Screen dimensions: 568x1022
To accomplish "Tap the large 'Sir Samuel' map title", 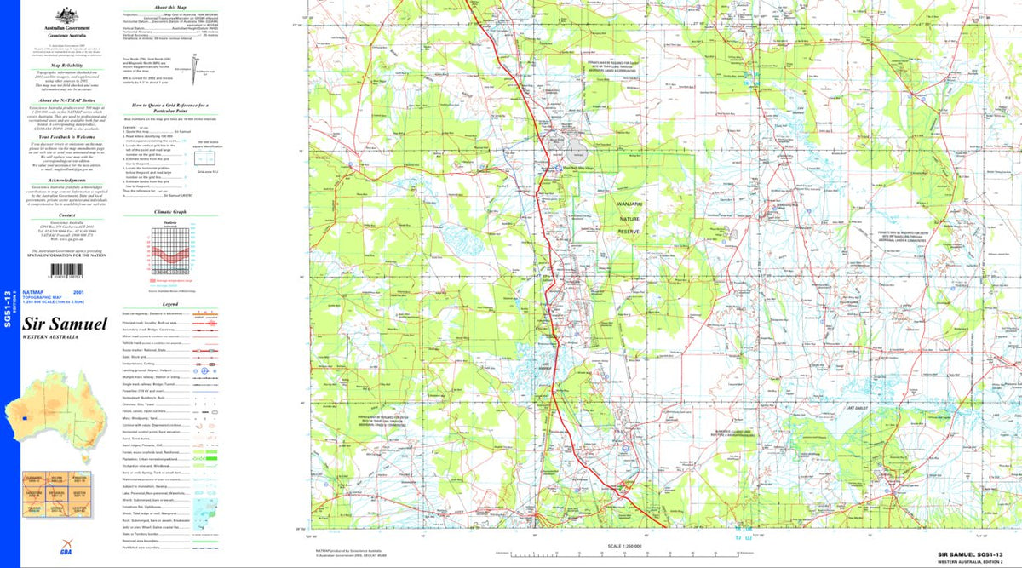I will [65, 324].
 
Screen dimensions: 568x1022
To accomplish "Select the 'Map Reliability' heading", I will [66, 65].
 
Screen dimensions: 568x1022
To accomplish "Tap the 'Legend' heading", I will [169, 304].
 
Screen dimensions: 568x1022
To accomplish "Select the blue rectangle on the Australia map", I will [27, 418].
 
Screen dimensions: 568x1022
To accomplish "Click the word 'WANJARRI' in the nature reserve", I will [628, 205].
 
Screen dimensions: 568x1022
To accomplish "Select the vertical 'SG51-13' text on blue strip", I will [8, 309].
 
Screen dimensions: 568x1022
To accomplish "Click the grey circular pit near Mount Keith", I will [577, 154].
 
